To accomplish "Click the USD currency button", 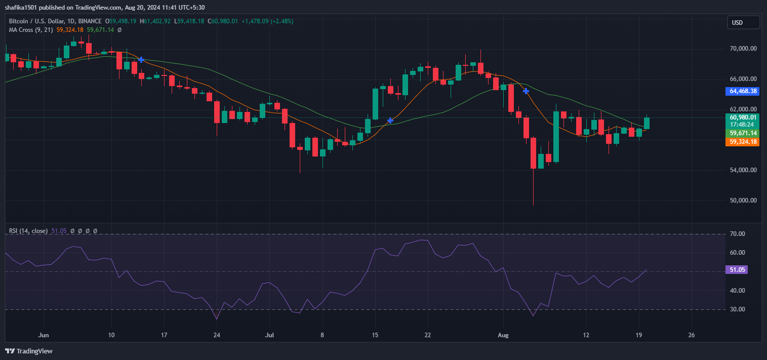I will coord(743,22).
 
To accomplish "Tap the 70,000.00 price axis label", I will coord(743,49).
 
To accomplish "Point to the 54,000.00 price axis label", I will coord(743,170).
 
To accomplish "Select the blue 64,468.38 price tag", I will coord(743,92).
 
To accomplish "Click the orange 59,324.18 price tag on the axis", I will coord(743,142).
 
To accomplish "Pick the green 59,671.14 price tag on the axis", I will coord(743,133).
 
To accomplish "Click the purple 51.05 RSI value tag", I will coord(737,270).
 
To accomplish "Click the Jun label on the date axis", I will coord(44,335).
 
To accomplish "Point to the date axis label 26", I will coord(692,335).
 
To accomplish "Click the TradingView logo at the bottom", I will coord(29,351).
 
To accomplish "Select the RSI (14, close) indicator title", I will coord(28,231).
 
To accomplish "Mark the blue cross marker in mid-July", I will coord(390,121).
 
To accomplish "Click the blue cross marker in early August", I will coord(526,91).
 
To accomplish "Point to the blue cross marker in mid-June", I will coord(141,60).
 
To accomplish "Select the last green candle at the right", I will coord(647,123).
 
